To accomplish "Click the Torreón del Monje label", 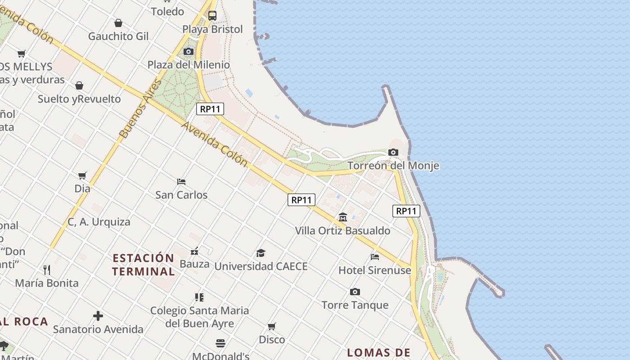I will coord(393,166).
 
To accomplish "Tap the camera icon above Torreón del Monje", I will coord(393,153).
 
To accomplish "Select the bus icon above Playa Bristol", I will coord(212,16).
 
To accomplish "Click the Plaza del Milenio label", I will coord(189,65).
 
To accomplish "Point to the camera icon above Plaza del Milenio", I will coord(189,52).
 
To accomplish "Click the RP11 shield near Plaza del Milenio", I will coord(210,109).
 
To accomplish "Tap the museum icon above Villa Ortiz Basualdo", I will coord(343,217).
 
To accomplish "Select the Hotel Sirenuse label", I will coord(375,270).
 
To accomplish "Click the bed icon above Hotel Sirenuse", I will coord(375,257).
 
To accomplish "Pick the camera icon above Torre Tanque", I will coord(355,292).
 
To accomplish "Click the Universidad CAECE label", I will coord(261,266).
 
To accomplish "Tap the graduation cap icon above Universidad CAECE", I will coord(261,253).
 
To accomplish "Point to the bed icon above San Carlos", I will coord(181,182).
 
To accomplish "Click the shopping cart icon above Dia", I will coord(82,175).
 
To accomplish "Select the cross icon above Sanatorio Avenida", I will coord(98,316).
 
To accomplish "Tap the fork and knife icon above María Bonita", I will coord(47,270).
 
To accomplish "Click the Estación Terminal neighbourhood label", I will coord(143,265).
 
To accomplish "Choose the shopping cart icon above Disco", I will coord(272,326).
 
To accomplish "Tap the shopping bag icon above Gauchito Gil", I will coord(118,23).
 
